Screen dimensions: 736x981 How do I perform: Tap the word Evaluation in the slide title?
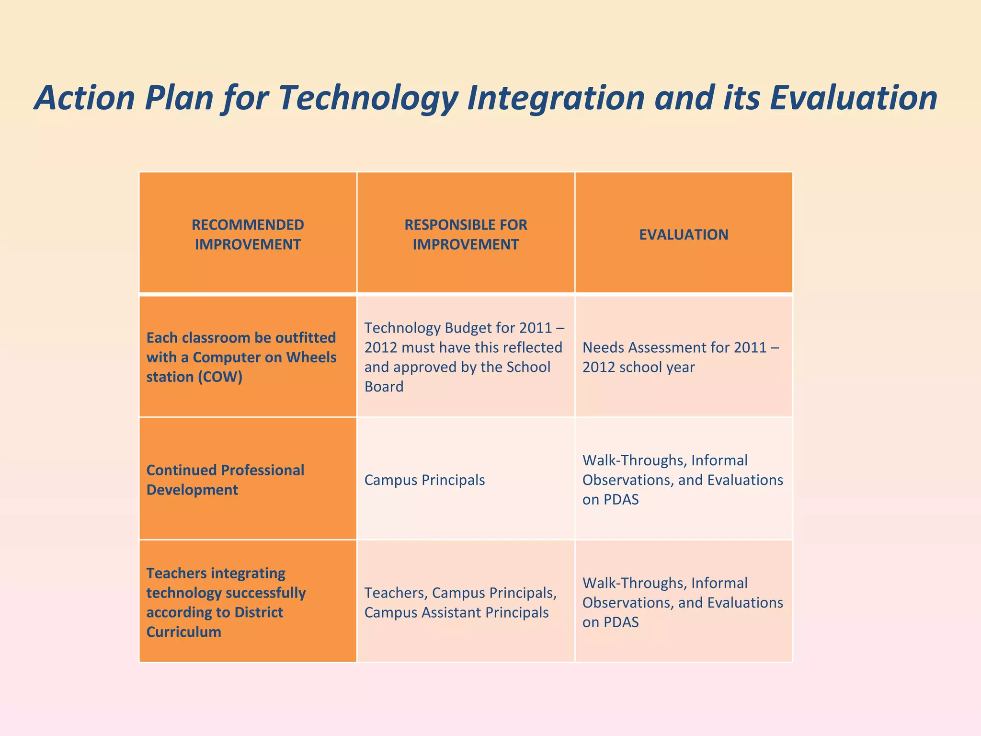coord(853,98)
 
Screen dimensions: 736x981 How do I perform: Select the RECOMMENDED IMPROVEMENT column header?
coord(248,234)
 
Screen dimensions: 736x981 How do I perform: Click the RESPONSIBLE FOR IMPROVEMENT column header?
coord(466,234)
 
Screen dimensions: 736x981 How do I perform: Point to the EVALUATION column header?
coord(684,234)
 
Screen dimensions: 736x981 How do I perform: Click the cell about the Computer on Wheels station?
coord(248,357)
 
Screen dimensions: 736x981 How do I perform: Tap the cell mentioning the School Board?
coord(466,357)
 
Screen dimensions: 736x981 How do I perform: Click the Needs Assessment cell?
coord(684,357)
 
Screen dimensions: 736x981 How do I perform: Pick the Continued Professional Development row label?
coord(248,480)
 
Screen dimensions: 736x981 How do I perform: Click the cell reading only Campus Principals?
coord(425,480)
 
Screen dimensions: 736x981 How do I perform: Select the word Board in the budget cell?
coord(384,387)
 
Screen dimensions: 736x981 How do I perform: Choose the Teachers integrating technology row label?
coord(248,602)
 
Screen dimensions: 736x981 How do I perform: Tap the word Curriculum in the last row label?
coord(184,632)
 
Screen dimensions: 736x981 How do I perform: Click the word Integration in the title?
coord(556,98)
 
